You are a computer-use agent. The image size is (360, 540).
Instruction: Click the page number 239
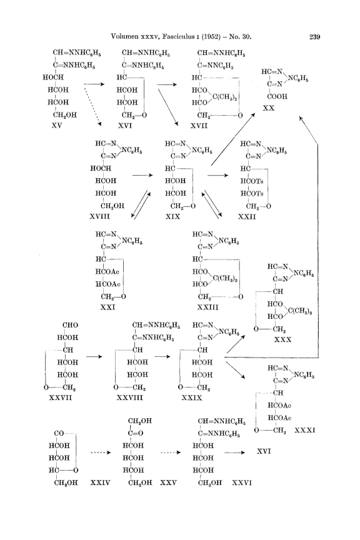pyautogui.click(x=314, y=36)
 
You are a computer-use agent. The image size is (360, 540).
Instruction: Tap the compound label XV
pyautogui.click(x=57, y=126)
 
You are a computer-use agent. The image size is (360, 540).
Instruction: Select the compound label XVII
pyautogui.click(x=199, y=126)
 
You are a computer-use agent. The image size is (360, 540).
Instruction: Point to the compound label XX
pyautogui.click(x=269, y=108)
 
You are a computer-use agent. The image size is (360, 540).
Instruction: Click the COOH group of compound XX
pyautogui.click(x=277, y=96)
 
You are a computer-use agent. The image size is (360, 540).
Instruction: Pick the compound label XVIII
pyautogui.click(x=100, y=216)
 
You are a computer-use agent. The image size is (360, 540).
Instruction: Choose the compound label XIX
pyautogui.click(x=172, y=216)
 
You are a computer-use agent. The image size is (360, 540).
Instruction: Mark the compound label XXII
pyautogui.click(x=247, y=216)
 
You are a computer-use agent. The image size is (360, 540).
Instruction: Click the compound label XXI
pyautogui.click(x=108, y=307)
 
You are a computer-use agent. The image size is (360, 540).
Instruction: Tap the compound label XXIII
pyautogui.click(x=207, y=307)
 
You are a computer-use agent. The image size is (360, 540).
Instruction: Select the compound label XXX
pyautogui.click(x=283, y=339)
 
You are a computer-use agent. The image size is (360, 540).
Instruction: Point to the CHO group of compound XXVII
pyautogui.click(x=70, y=325)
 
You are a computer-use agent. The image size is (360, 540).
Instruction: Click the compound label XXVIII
pyautogui.click(x=129, y=397)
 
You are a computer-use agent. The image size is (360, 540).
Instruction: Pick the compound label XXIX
pyautogui.click(x=192, y=397)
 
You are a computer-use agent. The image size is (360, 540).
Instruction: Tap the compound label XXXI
pyautogui.click(x=305, y=430)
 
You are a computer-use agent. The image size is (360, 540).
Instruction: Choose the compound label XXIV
pyautogui.click(x=100, y=483)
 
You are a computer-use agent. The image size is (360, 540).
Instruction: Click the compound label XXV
pyautogui.click(x=168, y=483)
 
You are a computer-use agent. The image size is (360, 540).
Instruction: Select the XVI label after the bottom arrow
pyautogui.click(x=264, y=451)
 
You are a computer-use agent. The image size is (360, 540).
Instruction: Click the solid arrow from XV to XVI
pyautogui.click(x=94, y=84)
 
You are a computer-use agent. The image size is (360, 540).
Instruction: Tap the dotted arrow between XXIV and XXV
pyautogui.click(x=101, y=452)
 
